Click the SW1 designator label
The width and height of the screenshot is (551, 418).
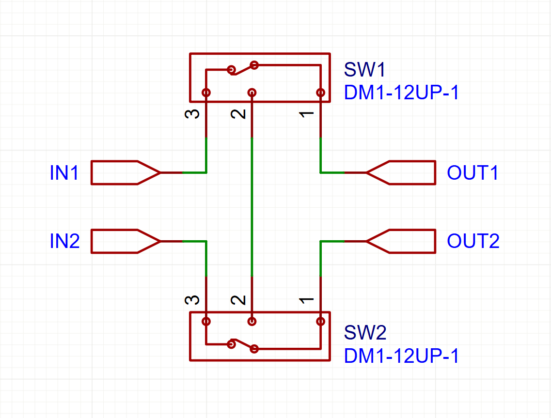pyautogui.click(x=364, y=70)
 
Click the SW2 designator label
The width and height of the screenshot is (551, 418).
pyautogui.click(x=365, y=333)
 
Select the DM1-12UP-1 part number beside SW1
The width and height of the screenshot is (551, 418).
pyautogui.click(x=401, y=93)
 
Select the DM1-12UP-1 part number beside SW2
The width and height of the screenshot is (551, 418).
pyautogui.click(x=401, y=356)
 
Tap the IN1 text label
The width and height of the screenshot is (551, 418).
pyautogui.click(x=64, y=173)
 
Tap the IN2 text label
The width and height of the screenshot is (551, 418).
pyautogui.click(x=64, y=241)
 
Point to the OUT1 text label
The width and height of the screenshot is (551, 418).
pyautogui.click(x=472, y=172)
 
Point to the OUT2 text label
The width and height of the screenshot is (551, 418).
pyautogui.click(x=473, y=241)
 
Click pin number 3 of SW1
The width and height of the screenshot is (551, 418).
pyautogui.click(x=192, y=114)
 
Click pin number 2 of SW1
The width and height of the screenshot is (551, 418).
pyautogui.click(x=238, y=114)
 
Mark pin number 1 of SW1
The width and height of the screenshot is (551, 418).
pyautogui.click(x=306, y=114)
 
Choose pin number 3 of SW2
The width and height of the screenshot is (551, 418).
pyautogui.click(x=192, y=300)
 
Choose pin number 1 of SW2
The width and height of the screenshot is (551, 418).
pyautogui.click(x=306, y=300)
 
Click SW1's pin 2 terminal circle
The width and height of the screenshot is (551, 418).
pyautogui.click(x=252, y=93)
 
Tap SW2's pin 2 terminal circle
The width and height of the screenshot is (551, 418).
pyautogui.click(x=252, y=322)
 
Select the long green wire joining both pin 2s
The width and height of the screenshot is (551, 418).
pyautogui.click(x=252, y=207)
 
